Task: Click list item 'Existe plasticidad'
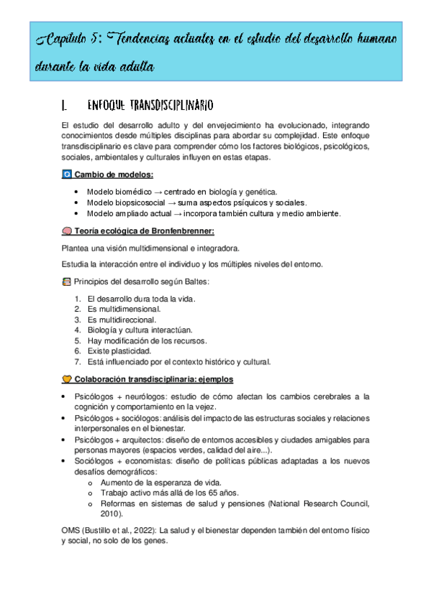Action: pyautogui.click(x=119, y=350)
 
